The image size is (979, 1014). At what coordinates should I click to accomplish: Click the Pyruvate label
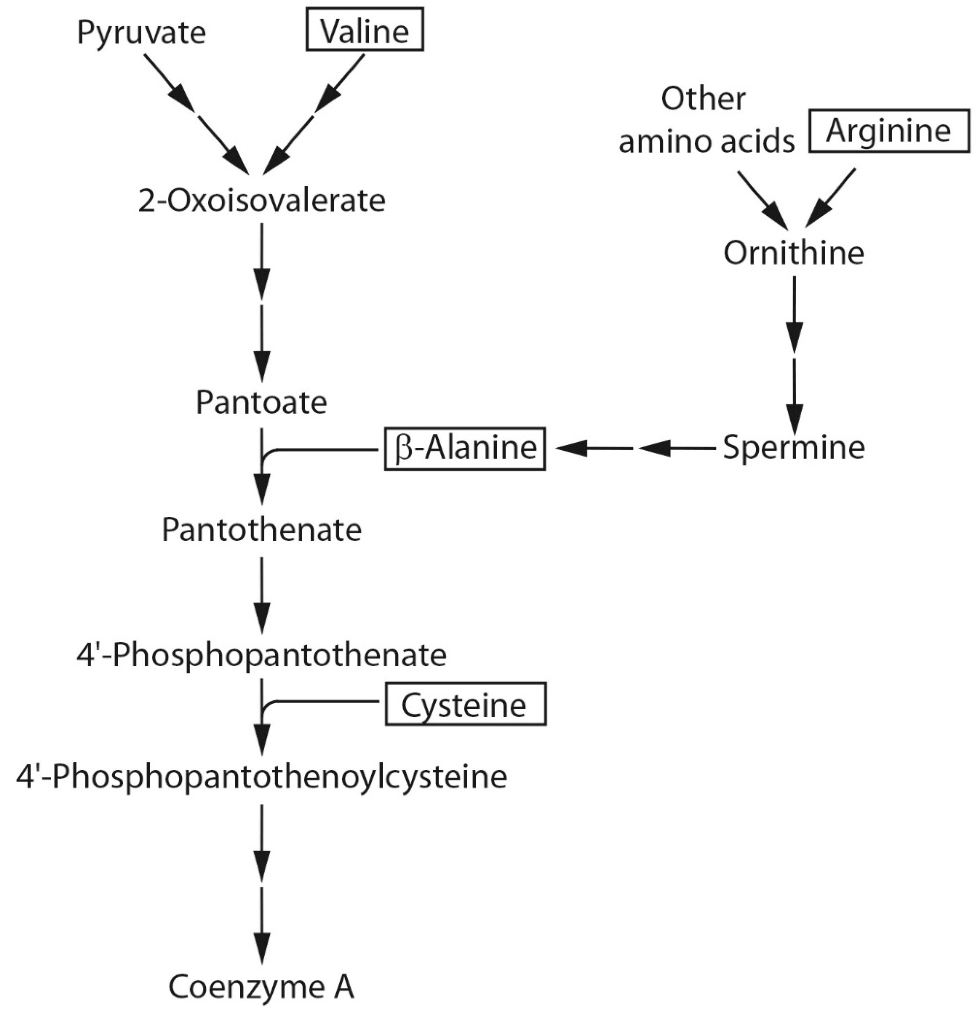point(141,33)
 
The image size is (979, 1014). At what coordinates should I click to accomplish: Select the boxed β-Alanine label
point(464,448)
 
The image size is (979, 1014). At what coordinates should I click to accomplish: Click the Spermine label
point(793,447)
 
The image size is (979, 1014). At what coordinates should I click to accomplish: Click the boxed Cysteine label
point(464,705)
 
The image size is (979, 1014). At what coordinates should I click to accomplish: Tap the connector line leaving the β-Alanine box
point(326,449)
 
